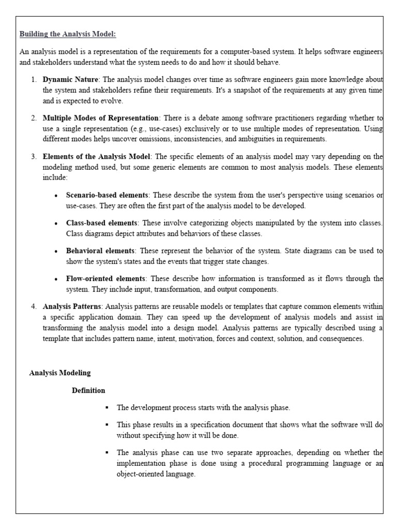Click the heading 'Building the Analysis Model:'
pos(68,35)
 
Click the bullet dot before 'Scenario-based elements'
pos(56,196)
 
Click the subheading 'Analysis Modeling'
pos(59,373)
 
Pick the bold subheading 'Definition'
pos(88,390)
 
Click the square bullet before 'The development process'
pos(106,408)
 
